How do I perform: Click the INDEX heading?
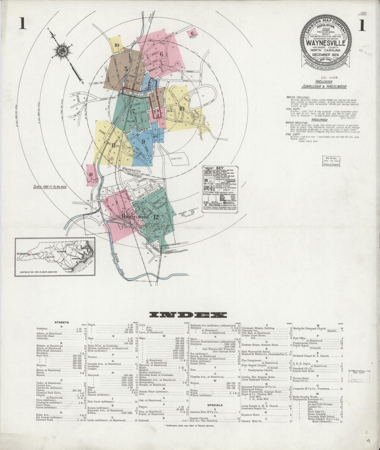(188, 315)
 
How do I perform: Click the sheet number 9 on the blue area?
(143, 142)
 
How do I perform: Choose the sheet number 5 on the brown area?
(126, 69)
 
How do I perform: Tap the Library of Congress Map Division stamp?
(331, 161)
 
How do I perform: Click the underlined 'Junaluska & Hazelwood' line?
(324, 86)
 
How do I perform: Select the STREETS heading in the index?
(62, 322)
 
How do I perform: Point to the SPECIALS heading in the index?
(215, 405)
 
